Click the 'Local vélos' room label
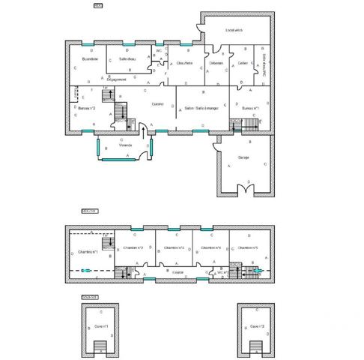click(x=234, y=30)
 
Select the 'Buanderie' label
click(x=90, y=58)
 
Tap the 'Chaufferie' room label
click(x=184, y=63)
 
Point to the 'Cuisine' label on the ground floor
click(x=157, y=103)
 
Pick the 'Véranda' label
click(x=126, y=145)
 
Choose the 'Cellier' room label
click(x=243, y=63)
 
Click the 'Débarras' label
click(x=216, y=63)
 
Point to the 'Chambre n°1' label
click(x=88, y=252)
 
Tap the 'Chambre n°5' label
click(x=248, y=247)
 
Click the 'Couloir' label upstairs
click(x=178, y=272)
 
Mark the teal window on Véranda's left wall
click(x=97, y=148)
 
